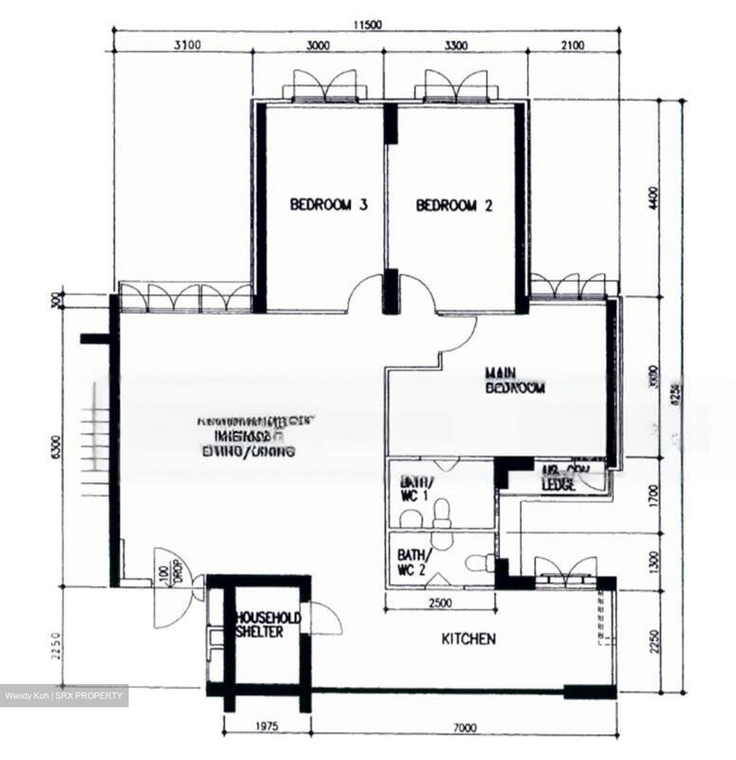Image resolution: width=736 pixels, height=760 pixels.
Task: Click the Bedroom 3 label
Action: click(328, 205)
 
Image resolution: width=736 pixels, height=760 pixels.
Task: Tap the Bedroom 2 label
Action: click(454, 205)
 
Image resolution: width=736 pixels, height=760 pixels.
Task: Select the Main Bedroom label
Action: click(514, 381)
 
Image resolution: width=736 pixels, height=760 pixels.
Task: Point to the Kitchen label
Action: click(468, 639)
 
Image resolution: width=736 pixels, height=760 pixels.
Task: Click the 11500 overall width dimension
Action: click(367, 25)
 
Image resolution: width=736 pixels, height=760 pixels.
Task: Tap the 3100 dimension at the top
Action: click(187, 45)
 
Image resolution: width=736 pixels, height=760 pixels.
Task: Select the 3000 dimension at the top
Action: click(318, 45)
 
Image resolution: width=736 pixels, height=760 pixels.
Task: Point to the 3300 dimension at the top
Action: click(456, 45)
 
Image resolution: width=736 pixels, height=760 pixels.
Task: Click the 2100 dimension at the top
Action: click(573, 45)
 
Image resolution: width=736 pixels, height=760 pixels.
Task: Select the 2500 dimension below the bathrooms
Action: click(440, 603)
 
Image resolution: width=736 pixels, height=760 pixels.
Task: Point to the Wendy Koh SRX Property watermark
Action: click(64, 696)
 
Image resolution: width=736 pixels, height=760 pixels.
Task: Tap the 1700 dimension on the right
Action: click(654, 496)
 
